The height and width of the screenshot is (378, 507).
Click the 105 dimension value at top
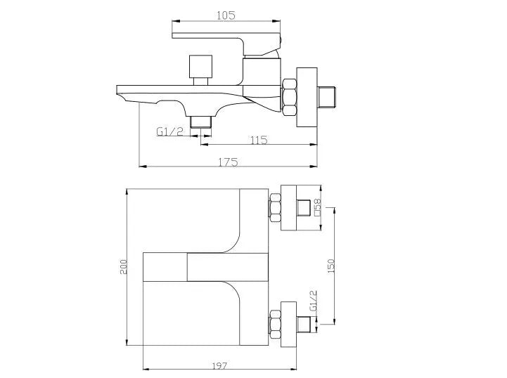coord(226,15)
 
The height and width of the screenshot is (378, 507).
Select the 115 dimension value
coord(258,139)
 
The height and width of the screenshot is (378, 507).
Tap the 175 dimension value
coord(228,162)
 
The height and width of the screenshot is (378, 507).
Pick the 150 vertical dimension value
coord(331,266)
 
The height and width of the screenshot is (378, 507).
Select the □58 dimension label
coord(317,209)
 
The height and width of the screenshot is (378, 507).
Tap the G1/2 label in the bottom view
coord(312,302)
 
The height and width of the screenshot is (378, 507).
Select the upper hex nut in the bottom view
coord(275,209)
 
